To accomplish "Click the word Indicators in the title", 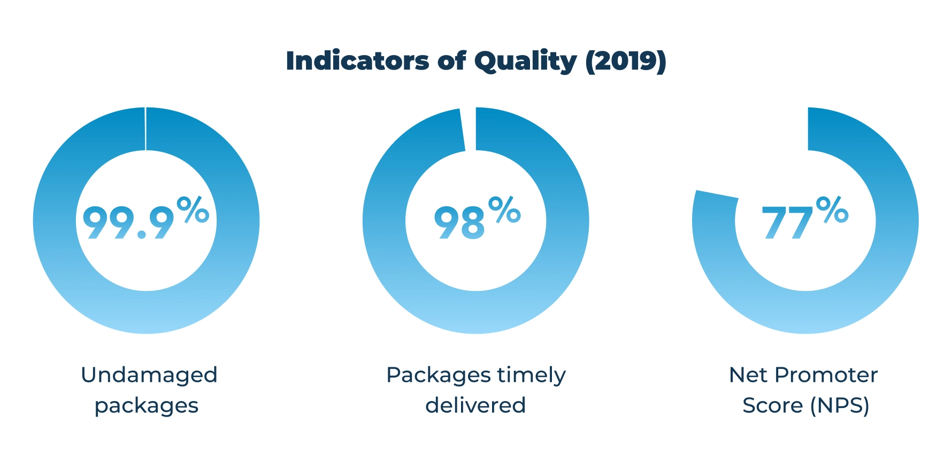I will click(357, 61).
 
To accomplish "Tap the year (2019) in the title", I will click(626, 61).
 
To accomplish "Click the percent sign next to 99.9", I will click(193, 210).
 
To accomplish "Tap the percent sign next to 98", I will click(504, 210).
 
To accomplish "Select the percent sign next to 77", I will click(832, 210).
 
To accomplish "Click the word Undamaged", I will click(149, 375).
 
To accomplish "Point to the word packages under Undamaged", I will click(147, 406).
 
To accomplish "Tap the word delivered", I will click(475, 405).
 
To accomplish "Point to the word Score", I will click(772, 405).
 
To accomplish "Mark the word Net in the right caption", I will click(747, 375).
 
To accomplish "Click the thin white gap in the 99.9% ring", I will click(145, 129).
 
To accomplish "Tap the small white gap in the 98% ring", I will click(469, 129).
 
